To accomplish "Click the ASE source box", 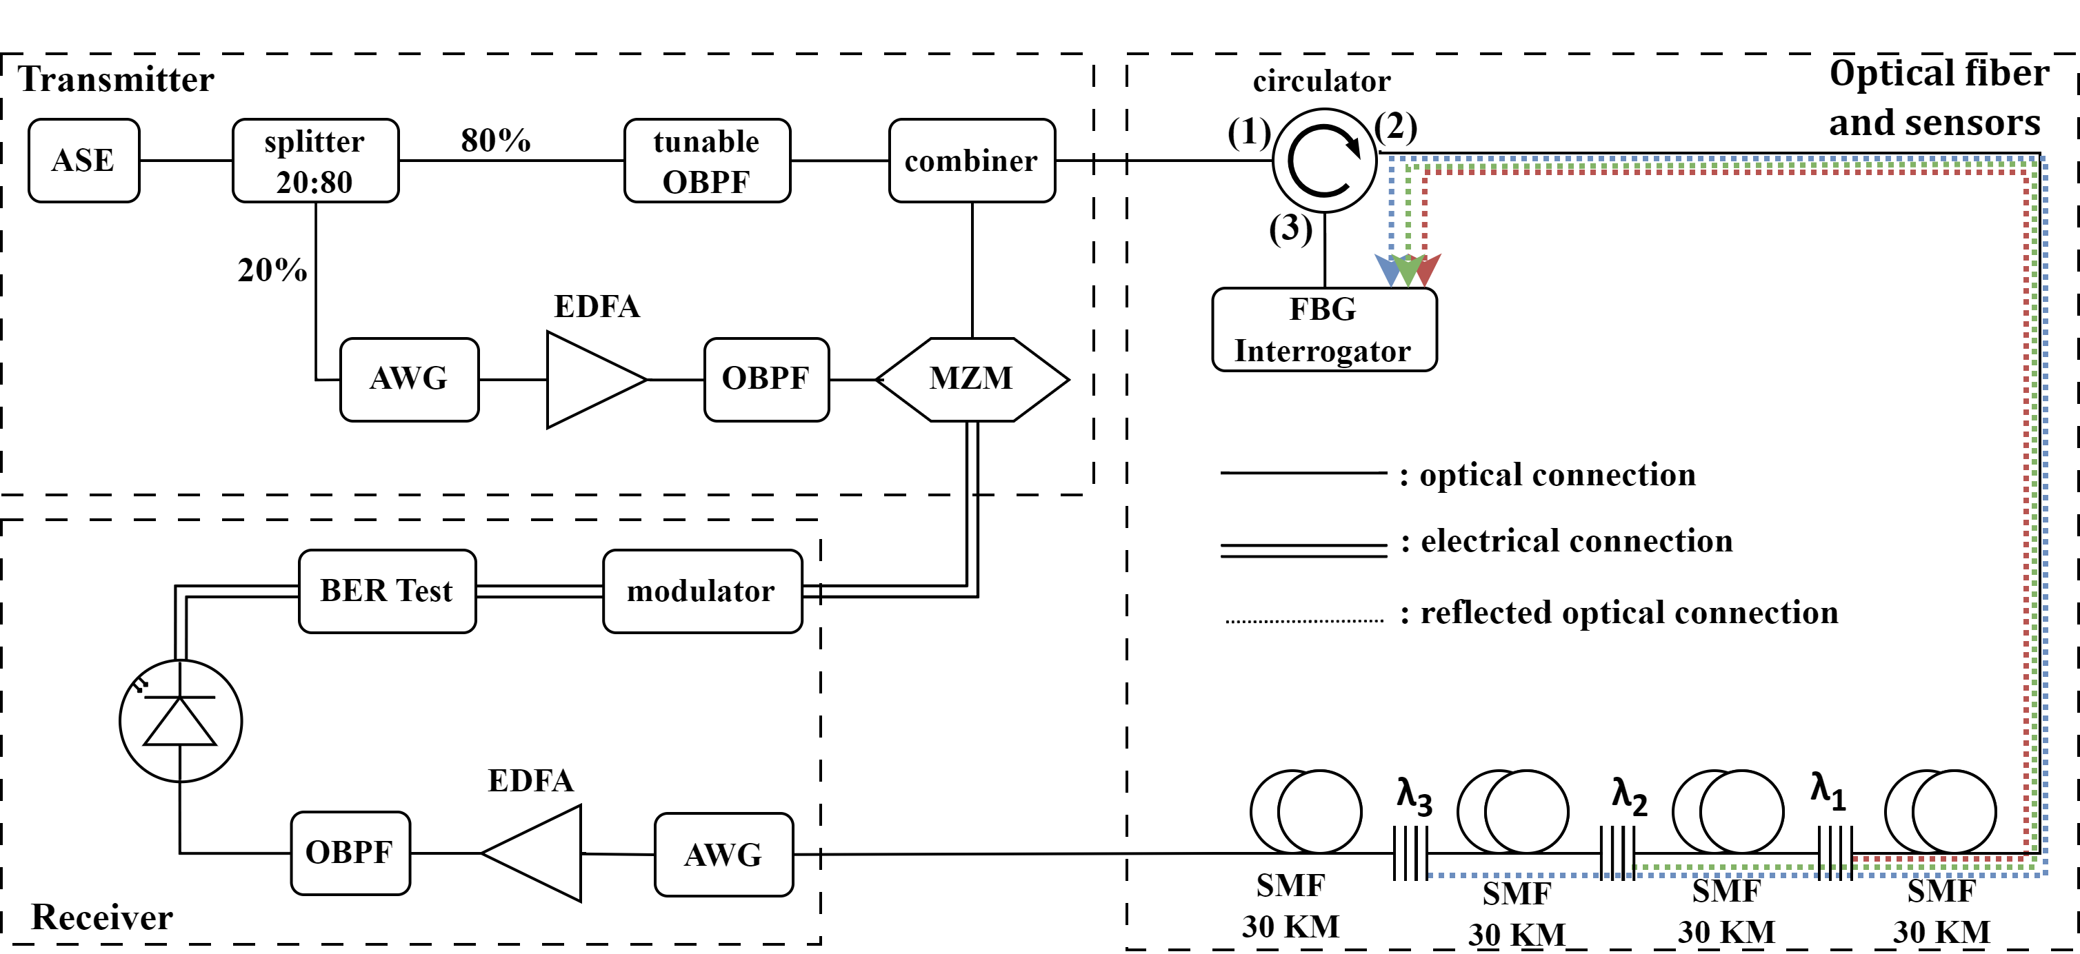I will click(x=84, y=161).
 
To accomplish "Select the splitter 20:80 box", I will click(x=315, y=161).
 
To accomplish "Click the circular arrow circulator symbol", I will click(x=1324, y=161).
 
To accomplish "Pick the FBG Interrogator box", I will click(x=1323, y=329).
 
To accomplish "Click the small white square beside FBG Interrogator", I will click(x=1453, y=316).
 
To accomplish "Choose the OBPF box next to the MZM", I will click(x=766, y=379).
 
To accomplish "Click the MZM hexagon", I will click(x=972, y=379).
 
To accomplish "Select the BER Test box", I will click(x=387, y=591).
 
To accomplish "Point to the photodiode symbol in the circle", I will click(x=180, y=721).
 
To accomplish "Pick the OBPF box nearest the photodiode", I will click(x=350, y=853).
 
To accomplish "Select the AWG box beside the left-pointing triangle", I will click(x=723, y=854).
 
